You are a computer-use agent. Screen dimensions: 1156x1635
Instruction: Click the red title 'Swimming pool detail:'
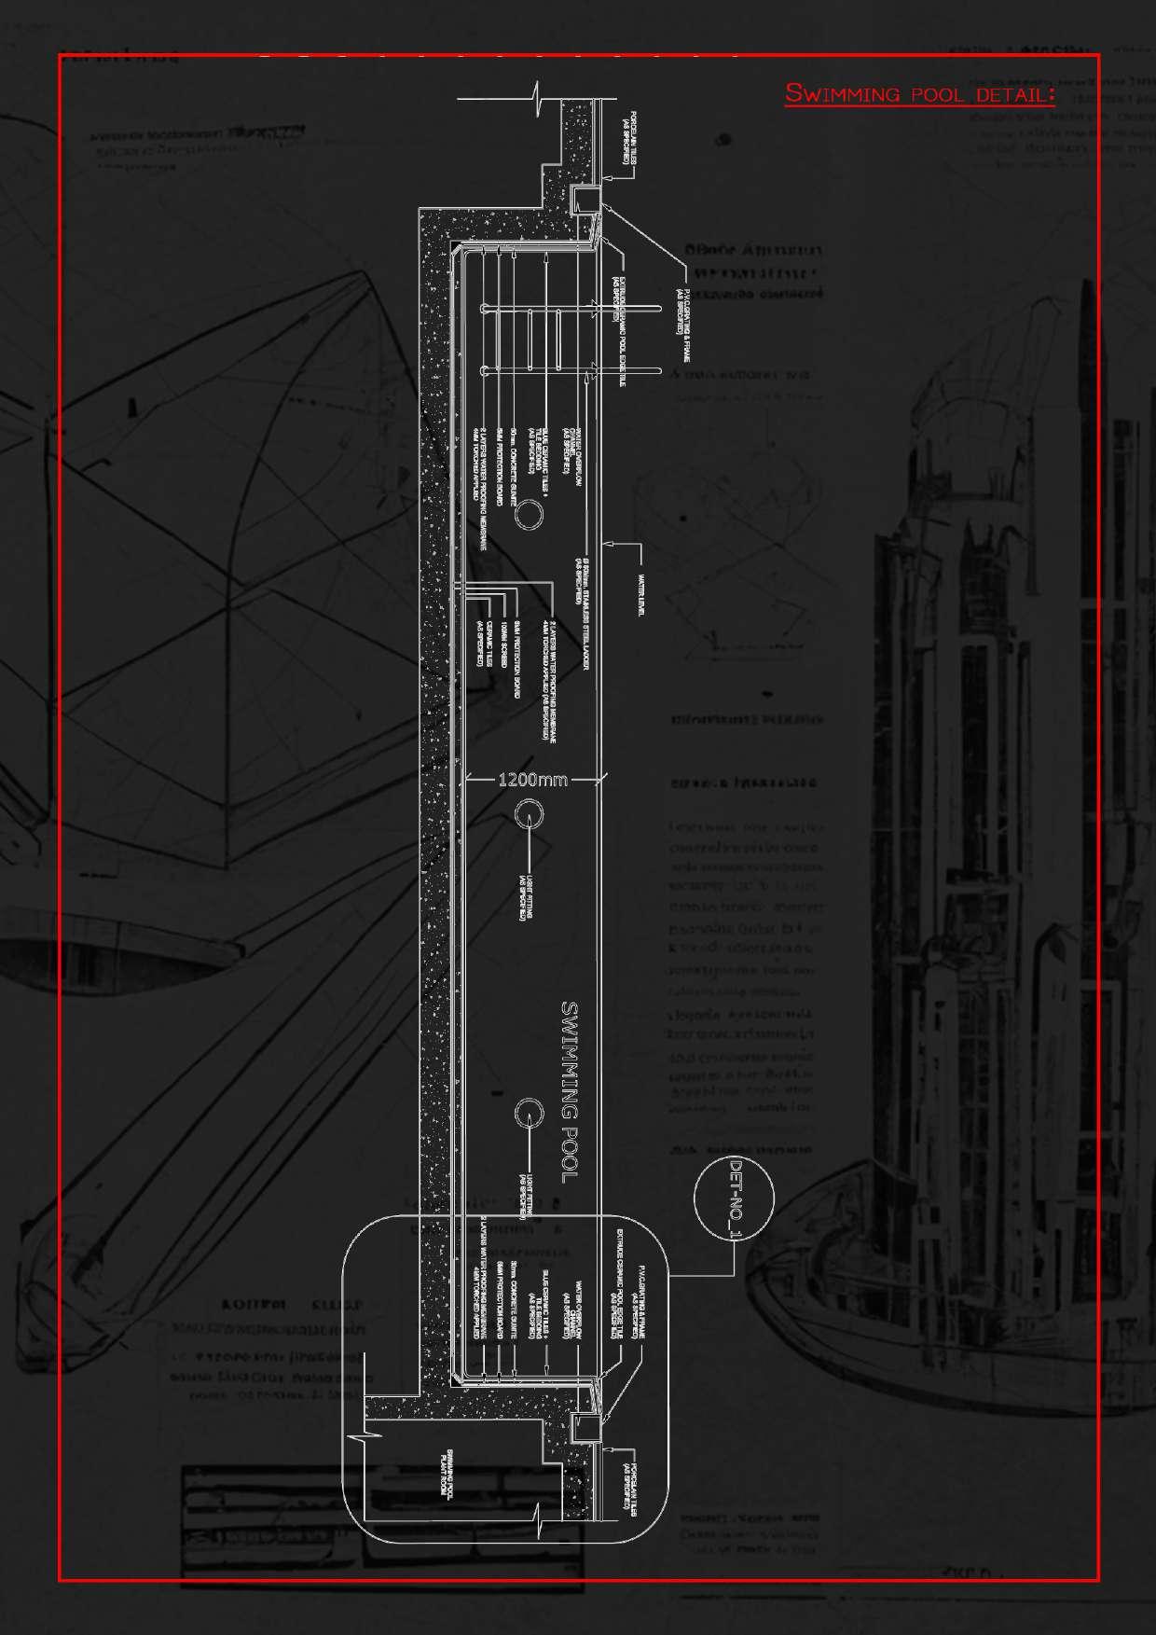point(919,94)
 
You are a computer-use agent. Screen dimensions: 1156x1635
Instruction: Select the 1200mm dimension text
point(532,780)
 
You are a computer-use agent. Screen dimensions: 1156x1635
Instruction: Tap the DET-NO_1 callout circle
point(734,1199)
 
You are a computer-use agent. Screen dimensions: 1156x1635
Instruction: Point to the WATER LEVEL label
point(642,594)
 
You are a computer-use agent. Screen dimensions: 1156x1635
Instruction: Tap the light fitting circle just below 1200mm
point(529,813)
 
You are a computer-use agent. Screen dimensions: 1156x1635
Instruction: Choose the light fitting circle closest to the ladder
point(530,514)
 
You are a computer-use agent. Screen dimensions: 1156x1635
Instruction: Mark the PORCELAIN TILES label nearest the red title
point(629,138)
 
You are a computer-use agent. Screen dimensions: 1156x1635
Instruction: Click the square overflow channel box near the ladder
point(585,200)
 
